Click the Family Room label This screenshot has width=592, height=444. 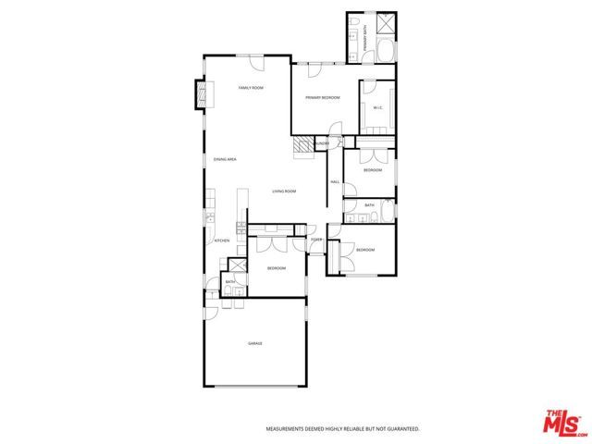[251, 88]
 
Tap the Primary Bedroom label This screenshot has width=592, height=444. [324, 97]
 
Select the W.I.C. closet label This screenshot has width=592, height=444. [378, 108]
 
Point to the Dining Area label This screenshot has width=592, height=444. [225, 160]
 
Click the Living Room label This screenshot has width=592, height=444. [283, 191]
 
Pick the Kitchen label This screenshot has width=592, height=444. [222, 241]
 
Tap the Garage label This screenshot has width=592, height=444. [255, 344]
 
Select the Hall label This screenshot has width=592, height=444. [335, 181]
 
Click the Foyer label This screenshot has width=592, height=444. [316, 240]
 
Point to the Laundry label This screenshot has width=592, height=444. [322, 143]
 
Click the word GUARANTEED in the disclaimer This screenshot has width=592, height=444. [400, 429]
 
